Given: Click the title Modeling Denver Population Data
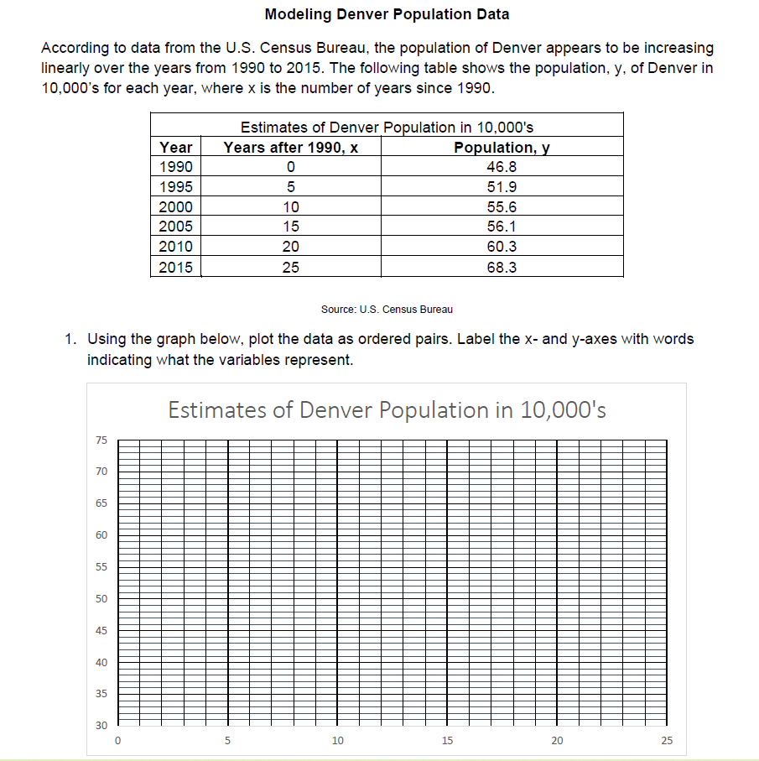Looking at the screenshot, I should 387,13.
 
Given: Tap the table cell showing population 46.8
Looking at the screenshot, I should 502,166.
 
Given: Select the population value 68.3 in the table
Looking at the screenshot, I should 502,267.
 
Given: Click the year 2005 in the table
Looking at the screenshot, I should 175,227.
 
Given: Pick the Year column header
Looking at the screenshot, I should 175,147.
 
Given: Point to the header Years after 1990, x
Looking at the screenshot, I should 290,147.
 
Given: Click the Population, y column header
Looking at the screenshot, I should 502,147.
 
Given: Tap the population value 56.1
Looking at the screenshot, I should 502,227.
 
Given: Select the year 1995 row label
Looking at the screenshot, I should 175,186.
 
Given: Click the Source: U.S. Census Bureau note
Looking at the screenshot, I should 387,310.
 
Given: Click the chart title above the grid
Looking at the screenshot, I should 387,410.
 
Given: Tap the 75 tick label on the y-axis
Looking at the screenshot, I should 101,440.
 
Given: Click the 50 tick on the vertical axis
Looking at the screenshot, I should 101,598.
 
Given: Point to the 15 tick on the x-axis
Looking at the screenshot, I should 446,741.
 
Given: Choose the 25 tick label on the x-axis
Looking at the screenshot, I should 666,741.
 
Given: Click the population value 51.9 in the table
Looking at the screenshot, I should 502,186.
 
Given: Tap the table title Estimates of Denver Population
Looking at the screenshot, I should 387,128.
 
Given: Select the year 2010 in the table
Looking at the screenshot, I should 175,247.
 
